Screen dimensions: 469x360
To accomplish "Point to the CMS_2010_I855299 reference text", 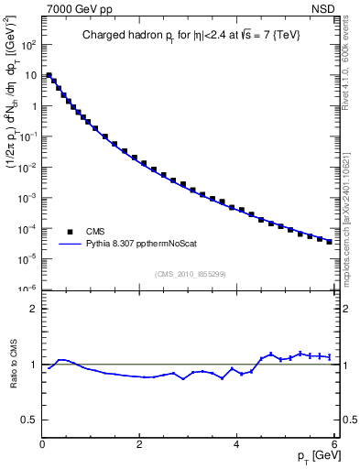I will coord(191,274).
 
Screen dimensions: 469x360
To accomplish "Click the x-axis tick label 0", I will coord(42,445).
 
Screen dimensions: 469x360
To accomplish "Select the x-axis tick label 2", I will coord(139,445).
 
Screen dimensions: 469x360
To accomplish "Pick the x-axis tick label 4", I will coord(237,445).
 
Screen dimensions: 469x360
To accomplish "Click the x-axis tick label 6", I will coord(334,445).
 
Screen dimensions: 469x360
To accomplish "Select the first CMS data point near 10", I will coord(49,75).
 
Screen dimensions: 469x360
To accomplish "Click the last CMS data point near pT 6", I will coord(329,242).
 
